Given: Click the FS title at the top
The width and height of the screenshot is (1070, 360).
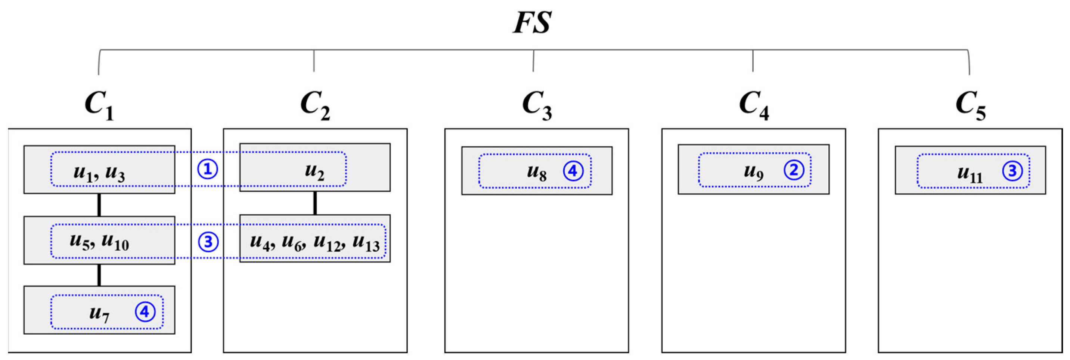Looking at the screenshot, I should click(x=532, y=22).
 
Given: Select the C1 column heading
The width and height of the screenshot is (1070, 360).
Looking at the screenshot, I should click(x=99, y=105).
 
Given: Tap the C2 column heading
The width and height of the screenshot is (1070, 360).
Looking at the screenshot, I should click(x=315, y=105).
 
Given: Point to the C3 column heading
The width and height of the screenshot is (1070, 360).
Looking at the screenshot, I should click(x=536, y=105).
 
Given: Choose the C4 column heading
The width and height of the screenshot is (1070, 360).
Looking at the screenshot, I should click(x=754, y=105).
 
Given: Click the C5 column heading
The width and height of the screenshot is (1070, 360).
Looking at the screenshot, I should click(x=970, y=105).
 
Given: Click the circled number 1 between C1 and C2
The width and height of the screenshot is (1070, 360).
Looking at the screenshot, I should click(x=207, y=170).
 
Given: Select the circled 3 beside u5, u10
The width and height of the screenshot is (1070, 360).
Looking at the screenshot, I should click(x=208, y=242).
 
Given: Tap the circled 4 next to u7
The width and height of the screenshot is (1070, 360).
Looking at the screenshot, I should click(x=145, y=311).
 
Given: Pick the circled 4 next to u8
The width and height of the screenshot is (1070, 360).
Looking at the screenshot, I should click(x=573, y=171).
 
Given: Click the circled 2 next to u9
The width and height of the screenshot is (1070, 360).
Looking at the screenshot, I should click(x=794, y=170).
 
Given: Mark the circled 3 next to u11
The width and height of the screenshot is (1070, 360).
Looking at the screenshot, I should click(x=1012, y=171).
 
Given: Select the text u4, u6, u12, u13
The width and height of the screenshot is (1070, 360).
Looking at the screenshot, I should click(x=314, y=242).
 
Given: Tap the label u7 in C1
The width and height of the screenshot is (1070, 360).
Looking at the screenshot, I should click(x=99, y=313).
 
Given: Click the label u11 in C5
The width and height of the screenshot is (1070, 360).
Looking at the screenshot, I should click(x=970, y=173).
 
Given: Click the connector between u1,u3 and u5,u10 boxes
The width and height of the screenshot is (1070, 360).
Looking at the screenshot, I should click(x=99, y=205).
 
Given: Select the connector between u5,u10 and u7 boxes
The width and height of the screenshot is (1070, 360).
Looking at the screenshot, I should click(x=99, y=275).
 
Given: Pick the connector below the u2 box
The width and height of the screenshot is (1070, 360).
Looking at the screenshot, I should click(x=315, y=203).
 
